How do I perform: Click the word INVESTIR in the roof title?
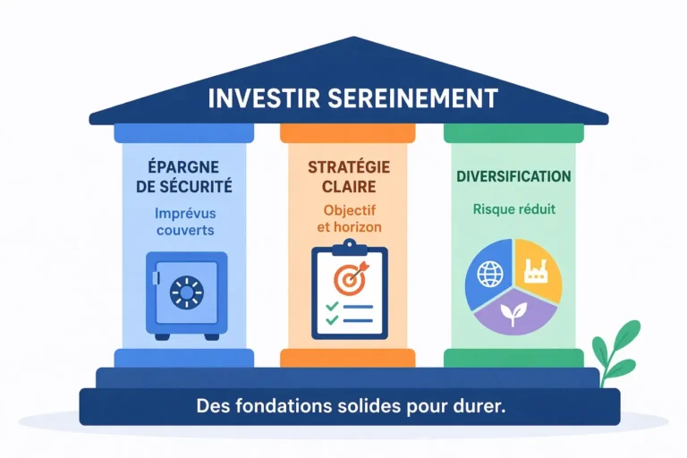click(x=264, y=98)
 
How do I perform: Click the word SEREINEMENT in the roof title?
click(x=412, y=98)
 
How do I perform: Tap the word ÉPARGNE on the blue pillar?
click(x=183, y=167)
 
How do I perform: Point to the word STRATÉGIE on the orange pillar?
click(x=349, y=167)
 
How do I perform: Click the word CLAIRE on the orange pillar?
click(x=349, y=187)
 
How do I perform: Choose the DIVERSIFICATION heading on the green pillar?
click(x=513, y=176)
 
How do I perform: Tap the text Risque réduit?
click(x=514, y=209)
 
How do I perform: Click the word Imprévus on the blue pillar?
click(x=185, y=214)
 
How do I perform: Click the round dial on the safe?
click(x=187, y=292)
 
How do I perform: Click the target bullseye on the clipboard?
click(x=349, y=279)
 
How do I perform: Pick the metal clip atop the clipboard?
click(x=350, y=248)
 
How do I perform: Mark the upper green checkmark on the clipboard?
click(x=332, y=305)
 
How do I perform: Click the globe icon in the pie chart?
click(x=490, y=274)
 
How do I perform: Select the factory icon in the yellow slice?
click(x=536, y=271)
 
